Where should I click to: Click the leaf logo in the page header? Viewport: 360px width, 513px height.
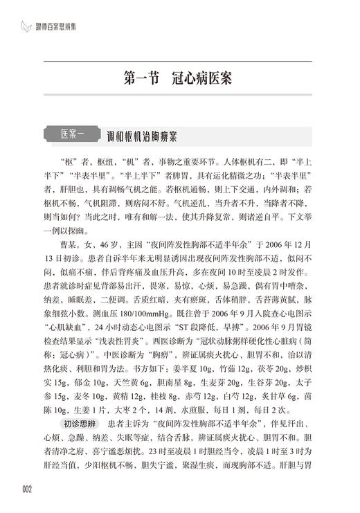click(x=26, y=27)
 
